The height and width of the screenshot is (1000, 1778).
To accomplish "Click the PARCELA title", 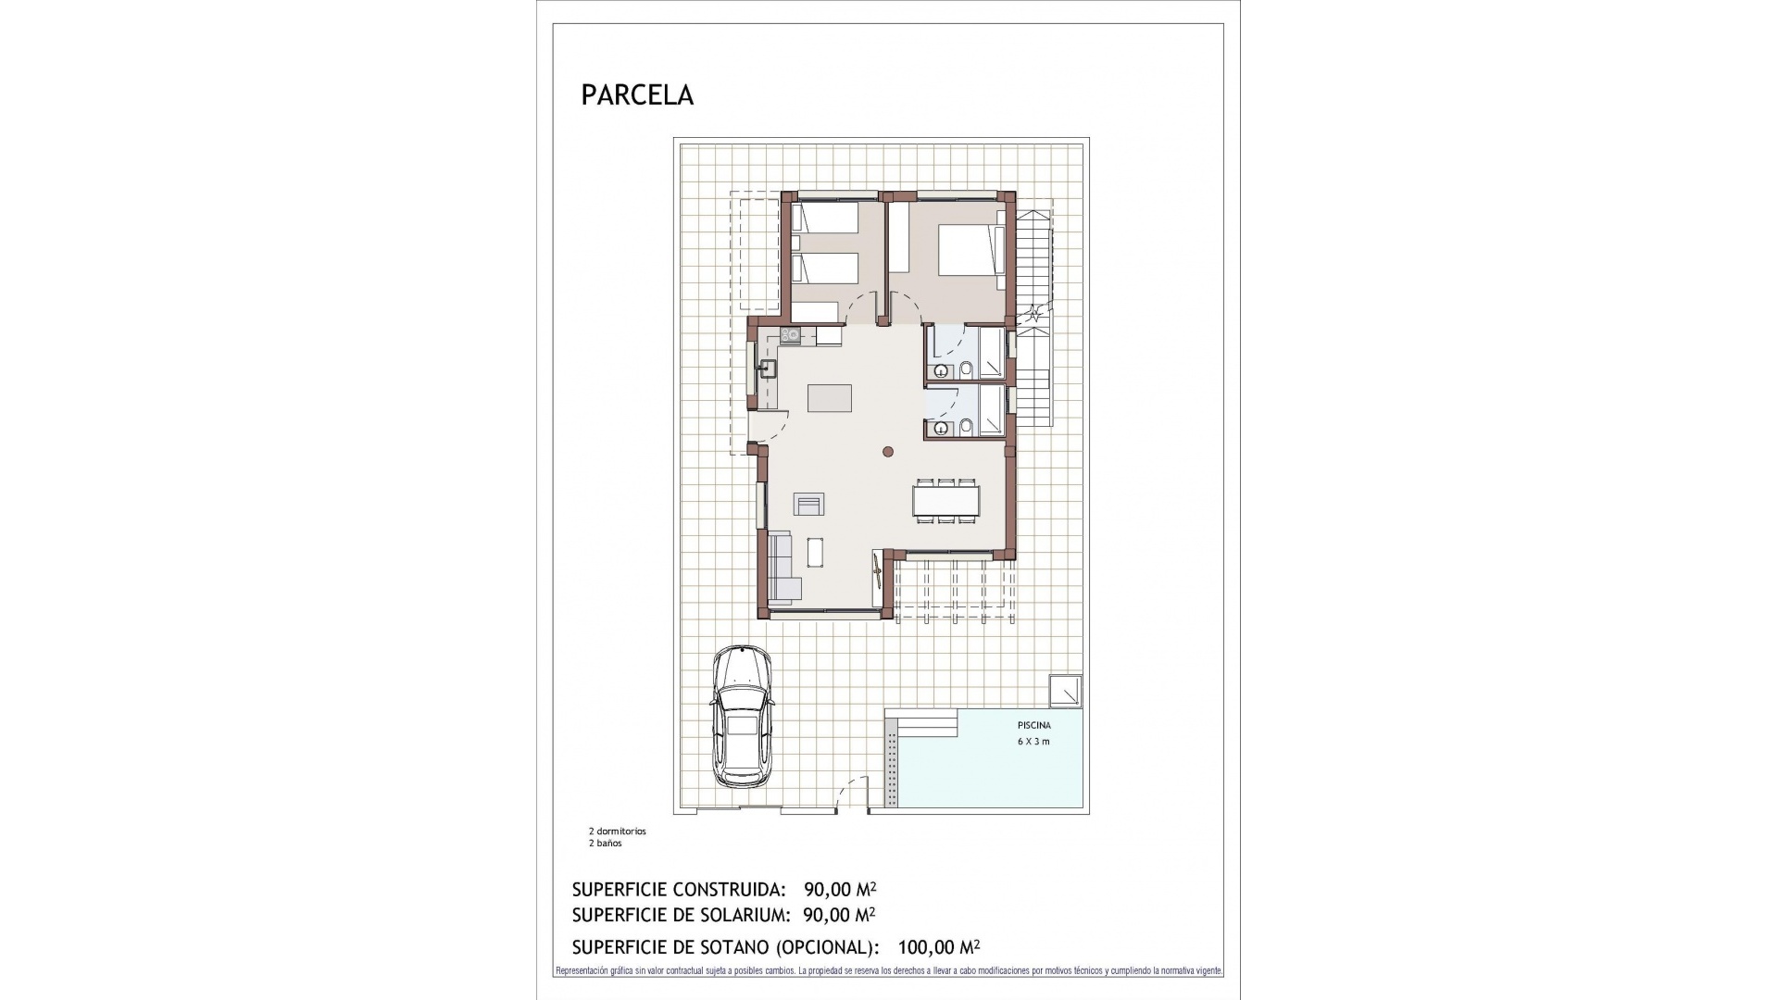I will [637, 95].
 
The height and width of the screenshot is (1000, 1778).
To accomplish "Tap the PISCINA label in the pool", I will [1033, 726].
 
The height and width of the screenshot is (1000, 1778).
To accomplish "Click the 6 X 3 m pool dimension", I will [1033, 742].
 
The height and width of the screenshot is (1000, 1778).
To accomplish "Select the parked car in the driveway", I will [743, 718].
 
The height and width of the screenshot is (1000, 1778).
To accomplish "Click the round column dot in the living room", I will [887, 452].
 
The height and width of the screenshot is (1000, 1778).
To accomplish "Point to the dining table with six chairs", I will [945, 501].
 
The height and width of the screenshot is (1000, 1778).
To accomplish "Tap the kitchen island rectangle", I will [830, 398].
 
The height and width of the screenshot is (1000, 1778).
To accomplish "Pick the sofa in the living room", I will [783, 566].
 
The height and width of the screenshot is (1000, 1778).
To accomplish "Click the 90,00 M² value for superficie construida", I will [840, 890].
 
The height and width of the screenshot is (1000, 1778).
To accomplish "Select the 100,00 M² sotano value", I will [938, 947].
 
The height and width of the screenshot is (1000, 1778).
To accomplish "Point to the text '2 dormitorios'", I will [617, 831].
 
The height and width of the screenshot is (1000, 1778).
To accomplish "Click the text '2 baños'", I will [605, 844].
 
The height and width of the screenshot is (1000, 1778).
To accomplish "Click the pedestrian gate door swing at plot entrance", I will [852, 794].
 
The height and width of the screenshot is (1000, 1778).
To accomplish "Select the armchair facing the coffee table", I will [808, 504].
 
